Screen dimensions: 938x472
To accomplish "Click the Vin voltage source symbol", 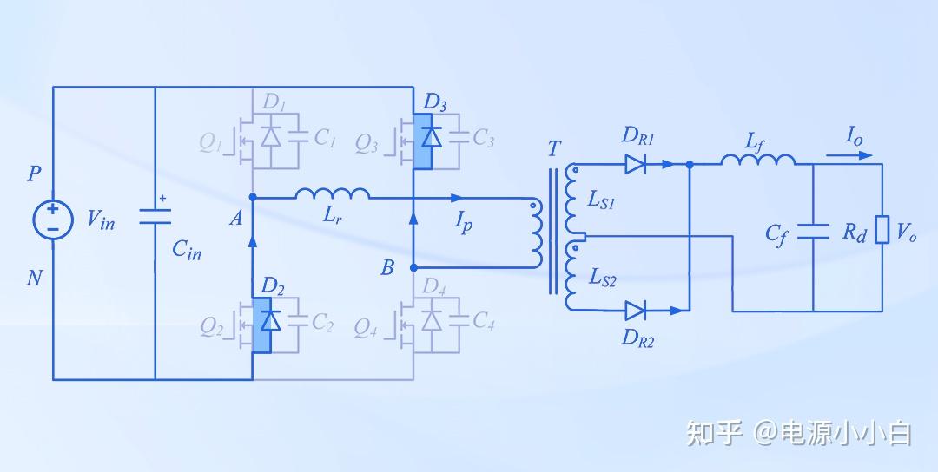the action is (53, 220).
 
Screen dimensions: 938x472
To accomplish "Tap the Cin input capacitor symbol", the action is (155, 216).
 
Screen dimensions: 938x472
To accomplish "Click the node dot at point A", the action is (253, 197).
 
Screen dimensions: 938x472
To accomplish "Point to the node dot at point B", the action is (413, 267).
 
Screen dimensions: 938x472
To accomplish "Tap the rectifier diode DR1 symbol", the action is (635, 164).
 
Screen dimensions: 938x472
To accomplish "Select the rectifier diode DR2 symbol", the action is (635, 311).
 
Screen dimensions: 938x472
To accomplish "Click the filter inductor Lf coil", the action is (758, 160).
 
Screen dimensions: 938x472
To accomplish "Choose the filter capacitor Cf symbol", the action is (813, 231).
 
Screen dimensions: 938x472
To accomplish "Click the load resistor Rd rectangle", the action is (882, 230).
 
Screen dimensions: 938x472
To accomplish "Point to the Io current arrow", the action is (849, 155).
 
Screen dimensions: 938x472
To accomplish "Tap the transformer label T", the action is (554, 148).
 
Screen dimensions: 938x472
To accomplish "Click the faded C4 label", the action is (484, 321).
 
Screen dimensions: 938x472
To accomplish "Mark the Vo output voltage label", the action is (906, 233).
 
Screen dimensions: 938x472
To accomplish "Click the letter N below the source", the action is (35, 278).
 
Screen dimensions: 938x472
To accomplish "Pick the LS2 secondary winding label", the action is (603, 278).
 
